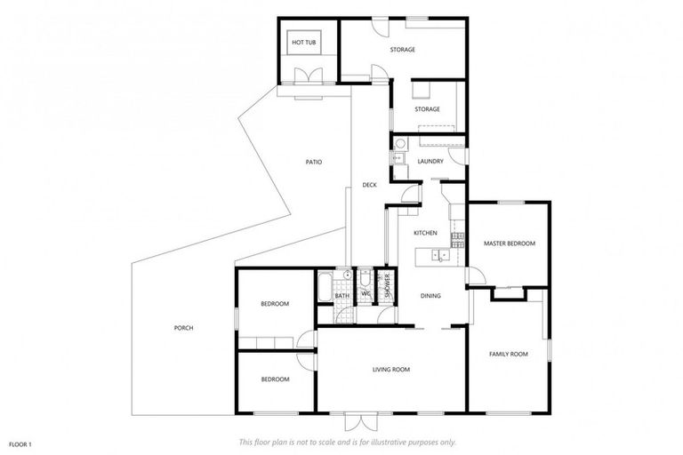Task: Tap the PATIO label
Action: (314, 162)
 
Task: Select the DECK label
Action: (370, 185)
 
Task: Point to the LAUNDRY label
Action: (430, 161)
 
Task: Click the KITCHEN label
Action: (426, 233)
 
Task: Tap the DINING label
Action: (430, 296)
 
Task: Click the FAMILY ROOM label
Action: (509, 354)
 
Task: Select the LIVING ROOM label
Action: (390, 369)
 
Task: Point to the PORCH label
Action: (184, 328)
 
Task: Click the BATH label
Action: (342, 295)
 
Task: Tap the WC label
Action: (366, 293)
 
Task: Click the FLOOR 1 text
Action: (20, 443)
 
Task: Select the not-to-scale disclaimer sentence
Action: (348, 442)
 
